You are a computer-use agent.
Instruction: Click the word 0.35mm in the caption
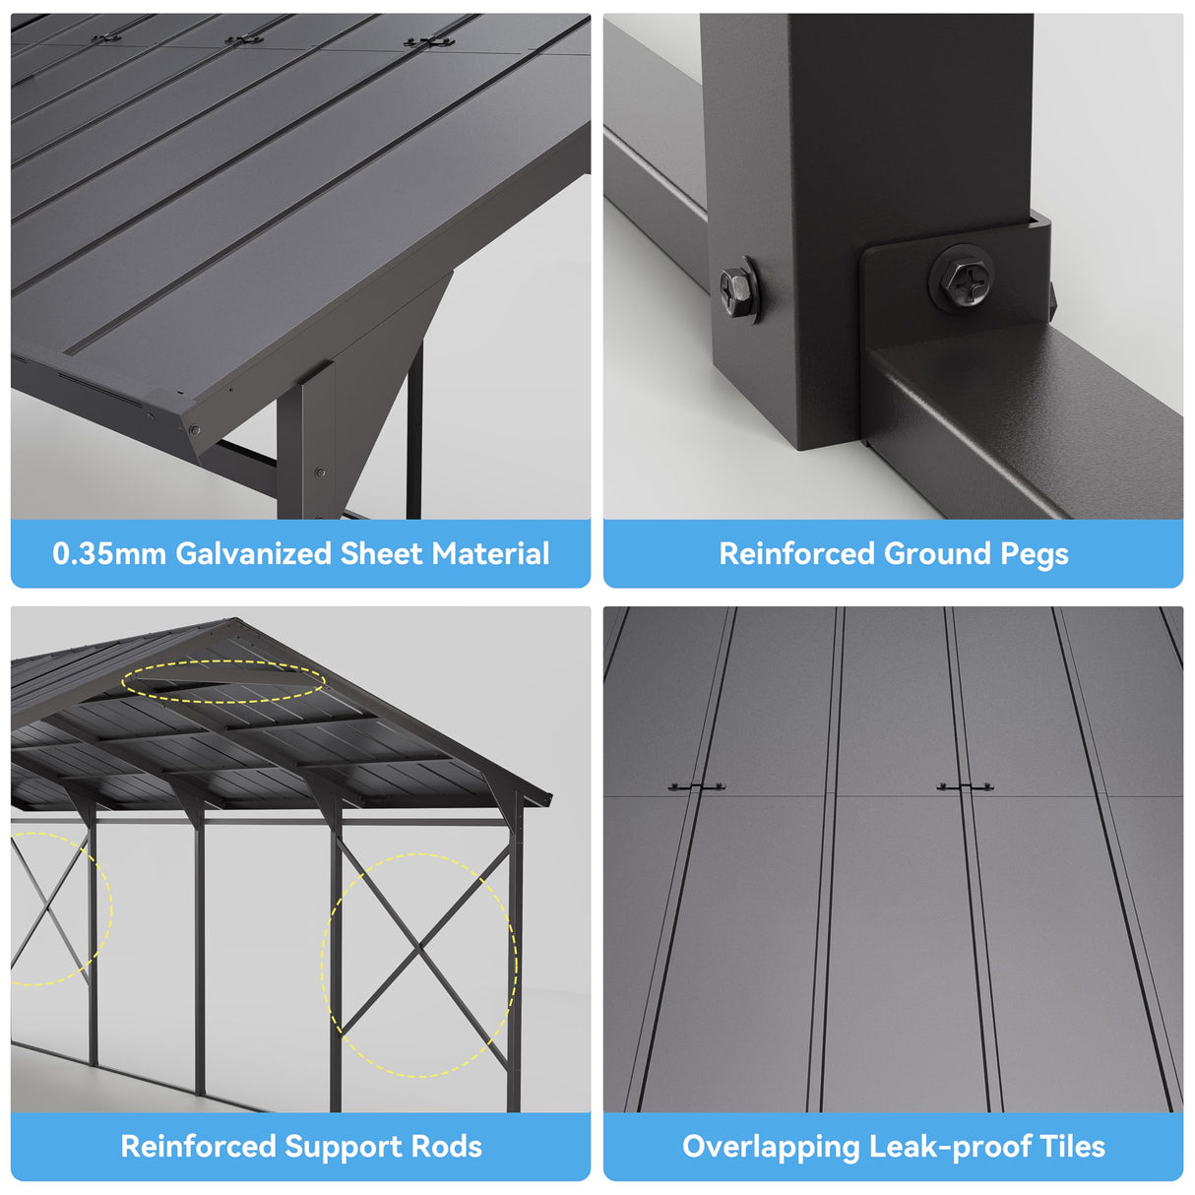(x=109, y=553)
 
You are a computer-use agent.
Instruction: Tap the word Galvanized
(x=254, y=553)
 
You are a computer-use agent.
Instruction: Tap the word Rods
(x=447, y=1146)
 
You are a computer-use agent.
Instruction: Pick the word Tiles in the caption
(x=1072, y=1146)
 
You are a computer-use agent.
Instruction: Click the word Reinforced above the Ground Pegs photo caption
(x=797, y=553)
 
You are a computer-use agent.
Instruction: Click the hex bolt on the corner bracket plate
(x=961, y=279)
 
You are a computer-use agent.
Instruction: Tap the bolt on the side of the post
(x=737, y=288)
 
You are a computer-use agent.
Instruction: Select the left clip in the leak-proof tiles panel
(x=696, y=786)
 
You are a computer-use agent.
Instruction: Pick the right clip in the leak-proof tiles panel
(x=965, y=786)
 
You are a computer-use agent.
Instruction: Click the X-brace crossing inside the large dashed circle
(x=420, y=952)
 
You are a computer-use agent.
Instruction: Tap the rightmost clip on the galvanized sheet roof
(x=429, y=42)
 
